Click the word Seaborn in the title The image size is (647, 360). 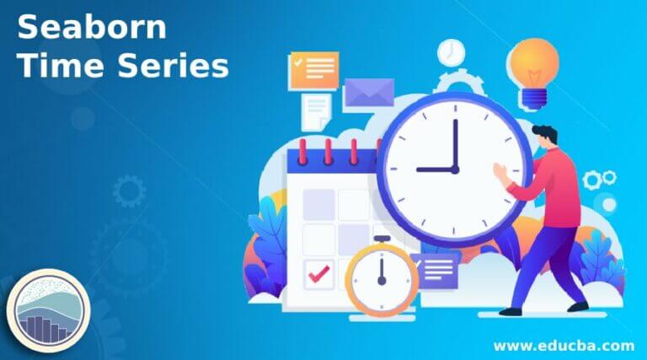(92, 27)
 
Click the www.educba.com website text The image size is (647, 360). (563, 345)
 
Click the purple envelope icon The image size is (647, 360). (369, 92)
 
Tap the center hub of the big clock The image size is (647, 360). (455, 169)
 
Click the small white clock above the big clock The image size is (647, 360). (451, 52)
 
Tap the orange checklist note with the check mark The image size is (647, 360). (313, 71)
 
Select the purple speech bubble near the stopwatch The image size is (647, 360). (439, 271)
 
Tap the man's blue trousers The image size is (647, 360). (551, 261)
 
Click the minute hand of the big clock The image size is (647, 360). (455, 144)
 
